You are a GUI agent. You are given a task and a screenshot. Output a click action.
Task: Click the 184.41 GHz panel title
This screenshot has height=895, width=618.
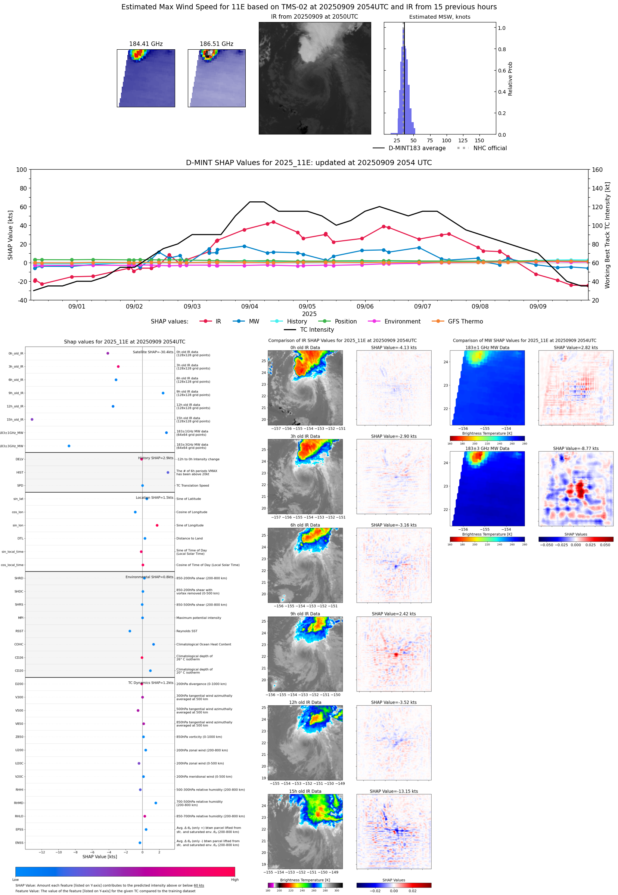146,44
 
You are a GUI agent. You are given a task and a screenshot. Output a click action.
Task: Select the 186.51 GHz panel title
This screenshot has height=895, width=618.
217,44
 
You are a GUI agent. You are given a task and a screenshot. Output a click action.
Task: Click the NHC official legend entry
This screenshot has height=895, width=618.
490,148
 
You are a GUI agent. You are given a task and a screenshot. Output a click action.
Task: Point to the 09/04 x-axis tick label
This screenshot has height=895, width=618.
249,306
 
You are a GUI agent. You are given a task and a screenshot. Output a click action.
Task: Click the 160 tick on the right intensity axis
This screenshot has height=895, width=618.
597,170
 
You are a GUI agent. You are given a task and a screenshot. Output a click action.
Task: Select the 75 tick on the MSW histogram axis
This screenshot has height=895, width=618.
430,140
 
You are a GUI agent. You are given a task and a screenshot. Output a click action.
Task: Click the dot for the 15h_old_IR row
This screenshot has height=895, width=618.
32,419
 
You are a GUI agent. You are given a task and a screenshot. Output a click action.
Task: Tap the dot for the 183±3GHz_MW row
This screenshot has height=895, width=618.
69,446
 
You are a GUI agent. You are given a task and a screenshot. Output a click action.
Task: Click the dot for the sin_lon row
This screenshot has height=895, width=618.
157,525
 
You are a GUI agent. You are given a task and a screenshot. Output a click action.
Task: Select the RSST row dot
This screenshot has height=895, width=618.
130,631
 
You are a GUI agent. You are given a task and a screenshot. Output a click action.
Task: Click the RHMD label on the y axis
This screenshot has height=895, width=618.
19,803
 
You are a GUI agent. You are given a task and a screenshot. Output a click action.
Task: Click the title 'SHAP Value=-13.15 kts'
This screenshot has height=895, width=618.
394,791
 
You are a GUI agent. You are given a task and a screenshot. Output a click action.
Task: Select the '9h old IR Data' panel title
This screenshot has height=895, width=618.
305,614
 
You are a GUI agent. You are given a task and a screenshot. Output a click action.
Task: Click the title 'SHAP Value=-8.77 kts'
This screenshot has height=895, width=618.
575,449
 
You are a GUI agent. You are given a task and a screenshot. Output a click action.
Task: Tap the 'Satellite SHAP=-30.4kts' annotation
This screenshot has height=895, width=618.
153,352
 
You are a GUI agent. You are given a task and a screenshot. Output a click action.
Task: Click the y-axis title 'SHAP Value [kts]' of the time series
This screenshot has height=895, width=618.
10,235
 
